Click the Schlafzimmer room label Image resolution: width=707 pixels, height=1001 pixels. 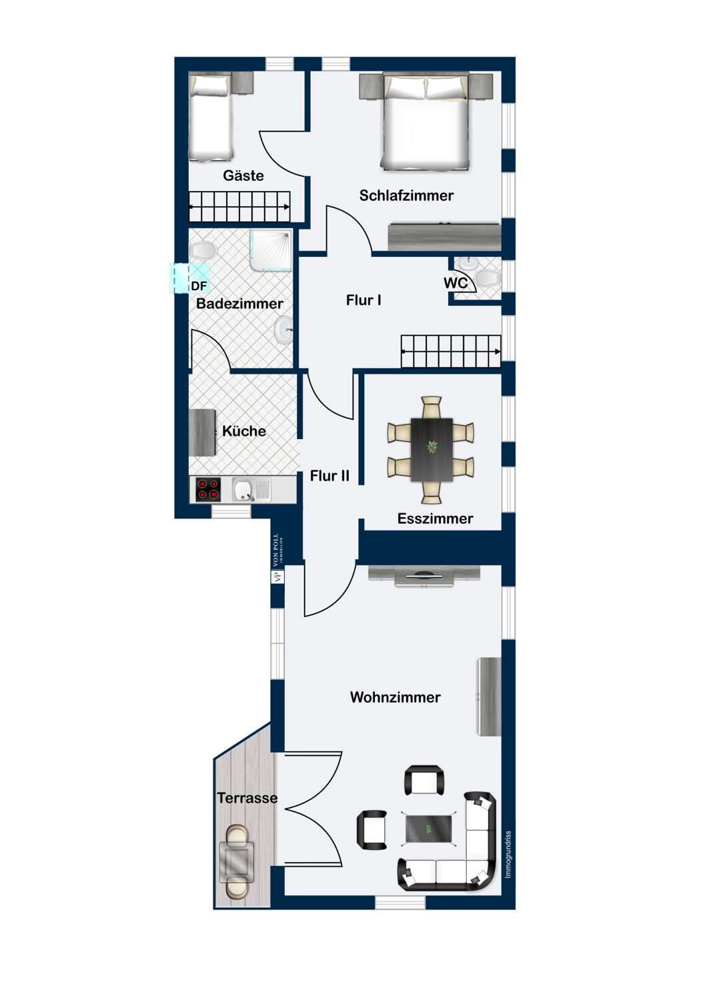(x=406, y=196)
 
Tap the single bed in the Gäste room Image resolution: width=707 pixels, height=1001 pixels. (x=211, y=117)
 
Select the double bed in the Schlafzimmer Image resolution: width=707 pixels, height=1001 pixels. (x=426, y=123)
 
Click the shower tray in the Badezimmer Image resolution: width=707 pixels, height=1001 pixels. (x=271, y=251)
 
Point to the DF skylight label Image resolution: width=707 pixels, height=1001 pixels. (x=199, y=286)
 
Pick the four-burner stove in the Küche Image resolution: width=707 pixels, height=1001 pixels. (x=208, y=490)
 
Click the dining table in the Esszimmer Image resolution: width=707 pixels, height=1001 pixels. (x=432, y=449)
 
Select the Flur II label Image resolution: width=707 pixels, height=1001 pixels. (x=329, y=476)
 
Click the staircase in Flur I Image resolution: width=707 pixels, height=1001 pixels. (x=451, y=351)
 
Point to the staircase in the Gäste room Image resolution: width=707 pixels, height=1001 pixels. (x=240, y=207)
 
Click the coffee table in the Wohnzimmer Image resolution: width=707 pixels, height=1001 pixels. (x=428, y=829)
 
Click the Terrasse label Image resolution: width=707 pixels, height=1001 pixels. (x=247, y=798)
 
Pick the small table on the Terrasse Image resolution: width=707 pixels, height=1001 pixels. (x=237, y=862)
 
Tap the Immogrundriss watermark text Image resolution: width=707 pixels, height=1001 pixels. (x=508, y=854)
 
